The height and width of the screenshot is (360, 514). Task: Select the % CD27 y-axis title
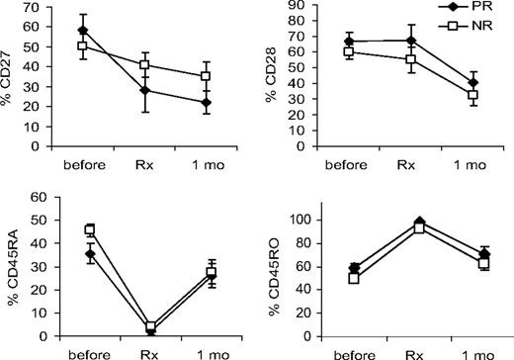11,75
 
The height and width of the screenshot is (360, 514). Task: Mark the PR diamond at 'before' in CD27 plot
55,31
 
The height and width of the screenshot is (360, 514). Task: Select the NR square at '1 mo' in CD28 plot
446,96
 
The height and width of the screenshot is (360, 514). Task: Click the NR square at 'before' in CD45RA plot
61,230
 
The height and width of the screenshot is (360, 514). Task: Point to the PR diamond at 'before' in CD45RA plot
61,254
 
